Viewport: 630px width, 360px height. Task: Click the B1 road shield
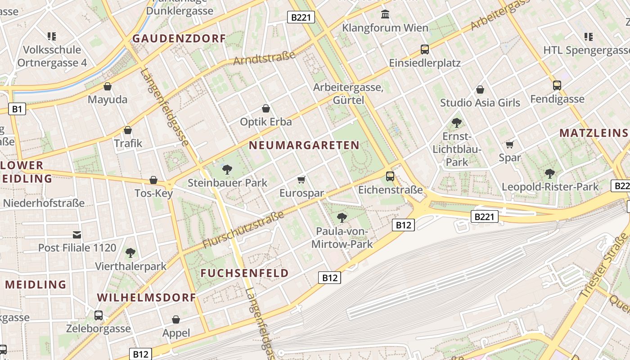point(17,108)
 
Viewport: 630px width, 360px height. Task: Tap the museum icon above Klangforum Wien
point(385,14)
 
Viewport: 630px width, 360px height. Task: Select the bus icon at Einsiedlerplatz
point(424,49)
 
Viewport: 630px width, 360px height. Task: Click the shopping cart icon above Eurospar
point(301,180)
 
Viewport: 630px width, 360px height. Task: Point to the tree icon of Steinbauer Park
point(227,170)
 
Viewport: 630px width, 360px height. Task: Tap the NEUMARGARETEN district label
point(304,145)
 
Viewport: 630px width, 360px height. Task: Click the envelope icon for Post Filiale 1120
point(77,234)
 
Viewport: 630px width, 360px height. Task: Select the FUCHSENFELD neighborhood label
point(244,273)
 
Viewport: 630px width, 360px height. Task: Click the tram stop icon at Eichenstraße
point(390,176)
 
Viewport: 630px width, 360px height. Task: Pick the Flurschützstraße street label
point(243,229)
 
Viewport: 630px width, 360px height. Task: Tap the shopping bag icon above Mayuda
point(108,86)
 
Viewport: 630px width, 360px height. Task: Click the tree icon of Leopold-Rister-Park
point(549,173)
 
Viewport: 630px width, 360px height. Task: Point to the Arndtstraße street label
point(264,58)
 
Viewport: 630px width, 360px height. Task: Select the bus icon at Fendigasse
point(557,85)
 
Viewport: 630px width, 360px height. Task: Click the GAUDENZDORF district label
point(179,39)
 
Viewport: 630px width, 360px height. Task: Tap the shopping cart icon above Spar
point(509,144)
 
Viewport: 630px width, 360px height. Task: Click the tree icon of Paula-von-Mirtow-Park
point(342,218)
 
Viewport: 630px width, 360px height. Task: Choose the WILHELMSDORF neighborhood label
point(146,297)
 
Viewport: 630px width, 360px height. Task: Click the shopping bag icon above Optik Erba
point(266,108)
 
